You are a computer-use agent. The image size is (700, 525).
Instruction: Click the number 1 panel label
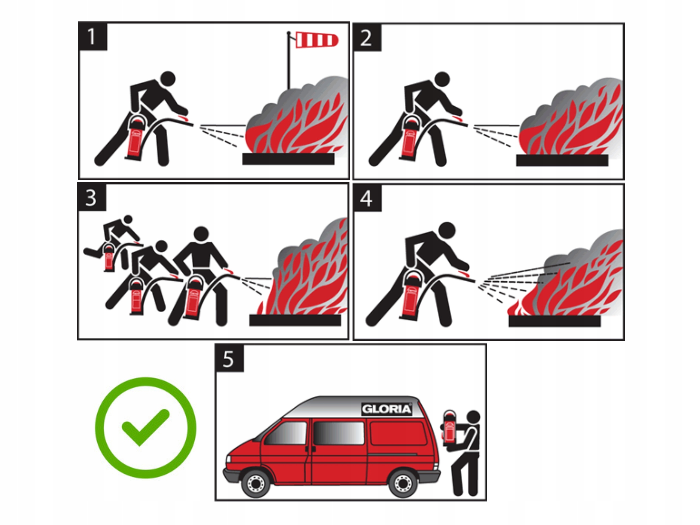point(92,36)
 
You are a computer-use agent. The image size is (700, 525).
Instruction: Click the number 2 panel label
point(367,37)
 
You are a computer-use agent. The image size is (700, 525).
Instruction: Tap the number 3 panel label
point(91,197)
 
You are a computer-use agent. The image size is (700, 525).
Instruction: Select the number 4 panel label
point(367,199)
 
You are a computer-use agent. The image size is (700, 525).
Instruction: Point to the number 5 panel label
point(229,359)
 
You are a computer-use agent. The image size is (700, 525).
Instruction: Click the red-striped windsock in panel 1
point(316,40)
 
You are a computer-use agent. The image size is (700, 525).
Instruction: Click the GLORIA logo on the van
point(386,409)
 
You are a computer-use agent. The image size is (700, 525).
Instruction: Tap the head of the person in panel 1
point(168,78)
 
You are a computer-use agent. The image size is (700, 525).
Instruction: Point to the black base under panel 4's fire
point(555,321)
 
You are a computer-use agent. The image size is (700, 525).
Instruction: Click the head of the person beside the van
point(473,418)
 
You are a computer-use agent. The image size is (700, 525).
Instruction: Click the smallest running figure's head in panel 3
point(128,219)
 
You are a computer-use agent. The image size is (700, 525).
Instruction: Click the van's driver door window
point(286,433)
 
